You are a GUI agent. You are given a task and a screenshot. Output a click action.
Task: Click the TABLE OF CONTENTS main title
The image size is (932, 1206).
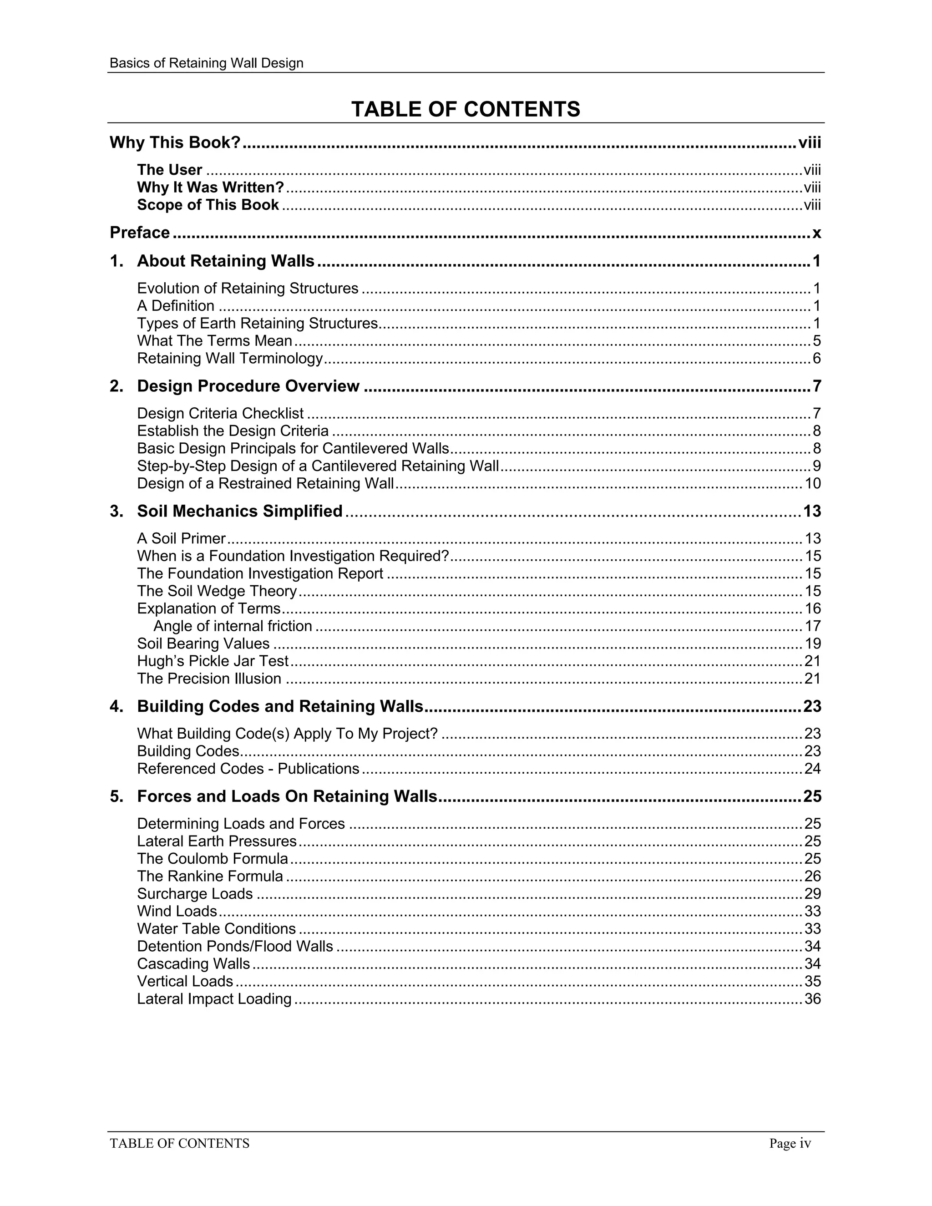[x=466, y=109]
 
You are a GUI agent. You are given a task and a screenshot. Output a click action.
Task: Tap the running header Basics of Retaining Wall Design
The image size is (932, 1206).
[x=207, y=63]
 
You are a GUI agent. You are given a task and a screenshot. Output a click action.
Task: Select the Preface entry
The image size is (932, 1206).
[x=140, y=233]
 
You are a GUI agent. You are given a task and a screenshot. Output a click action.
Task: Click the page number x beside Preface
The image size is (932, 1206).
[x=816, y=233]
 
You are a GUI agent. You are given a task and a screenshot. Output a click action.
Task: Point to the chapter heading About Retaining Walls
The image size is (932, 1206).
[x=225, y=261]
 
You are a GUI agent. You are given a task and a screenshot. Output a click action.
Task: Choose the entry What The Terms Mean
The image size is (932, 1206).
[x=214, y=341]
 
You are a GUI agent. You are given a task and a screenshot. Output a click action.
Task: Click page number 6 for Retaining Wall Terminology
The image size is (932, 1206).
[x=816, y=358]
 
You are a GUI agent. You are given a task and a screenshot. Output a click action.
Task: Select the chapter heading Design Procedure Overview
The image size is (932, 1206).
[x=248, y=386]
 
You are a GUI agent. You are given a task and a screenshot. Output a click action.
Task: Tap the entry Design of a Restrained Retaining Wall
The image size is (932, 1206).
[x=265, y=483]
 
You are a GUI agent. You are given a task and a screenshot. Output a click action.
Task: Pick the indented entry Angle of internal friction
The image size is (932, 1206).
[x=233, y=626]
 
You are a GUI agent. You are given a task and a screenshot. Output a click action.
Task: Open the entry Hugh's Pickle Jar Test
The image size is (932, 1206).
[x=213, y=661]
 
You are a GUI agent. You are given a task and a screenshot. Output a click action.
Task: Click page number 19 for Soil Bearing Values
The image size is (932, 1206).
[x=812, y=644]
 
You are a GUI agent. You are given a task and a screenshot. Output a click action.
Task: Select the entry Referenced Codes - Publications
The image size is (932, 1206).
[x=248, y=769]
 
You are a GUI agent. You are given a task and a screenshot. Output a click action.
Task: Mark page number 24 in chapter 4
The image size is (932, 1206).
[x=812, y=769]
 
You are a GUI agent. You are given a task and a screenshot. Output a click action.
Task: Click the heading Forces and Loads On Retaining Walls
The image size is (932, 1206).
[x=287, y=796]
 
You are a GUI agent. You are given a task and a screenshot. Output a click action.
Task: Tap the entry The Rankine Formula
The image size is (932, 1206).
[x=210, y=877]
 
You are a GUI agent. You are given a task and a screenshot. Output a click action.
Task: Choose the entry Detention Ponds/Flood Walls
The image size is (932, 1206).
[x=235, y=947]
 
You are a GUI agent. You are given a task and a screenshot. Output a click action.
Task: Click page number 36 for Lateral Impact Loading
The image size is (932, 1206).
[x=812, y=999]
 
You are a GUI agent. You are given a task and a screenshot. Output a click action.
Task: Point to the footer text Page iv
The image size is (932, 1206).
[x=790, y=1143]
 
